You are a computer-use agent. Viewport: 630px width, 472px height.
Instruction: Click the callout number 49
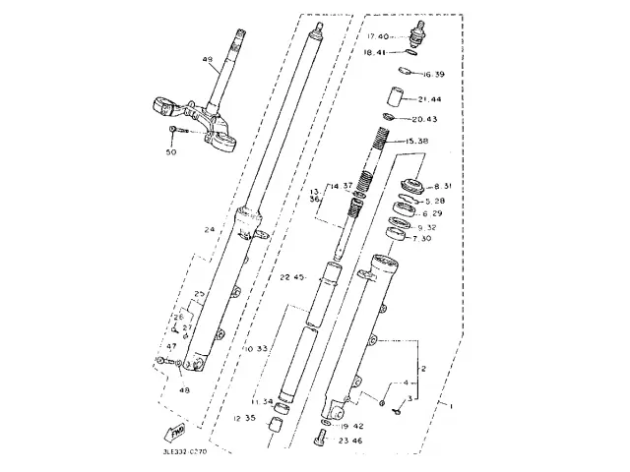click(208, 61)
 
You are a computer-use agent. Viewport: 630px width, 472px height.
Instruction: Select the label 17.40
click(376, 38)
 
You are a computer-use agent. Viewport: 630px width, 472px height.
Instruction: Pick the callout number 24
click(209, 231)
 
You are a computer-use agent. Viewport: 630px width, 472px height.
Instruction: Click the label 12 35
click(245, 419)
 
